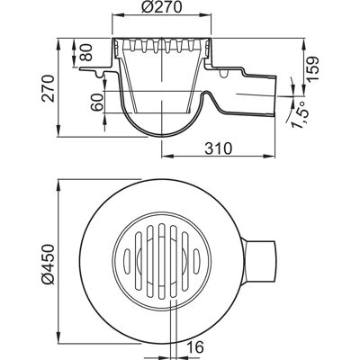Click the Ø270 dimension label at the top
(x=161, y=7)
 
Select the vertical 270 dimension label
(x=49, y=88)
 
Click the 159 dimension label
(x=312, y=68)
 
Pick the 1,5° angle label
(x=300, y=115)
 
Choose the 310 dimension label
(x=219, y=148)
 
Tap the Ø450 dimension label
(x=48, y=265)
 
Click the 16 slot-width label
(x=196, y=347)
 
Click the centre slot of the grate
(x=162, y=261)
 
